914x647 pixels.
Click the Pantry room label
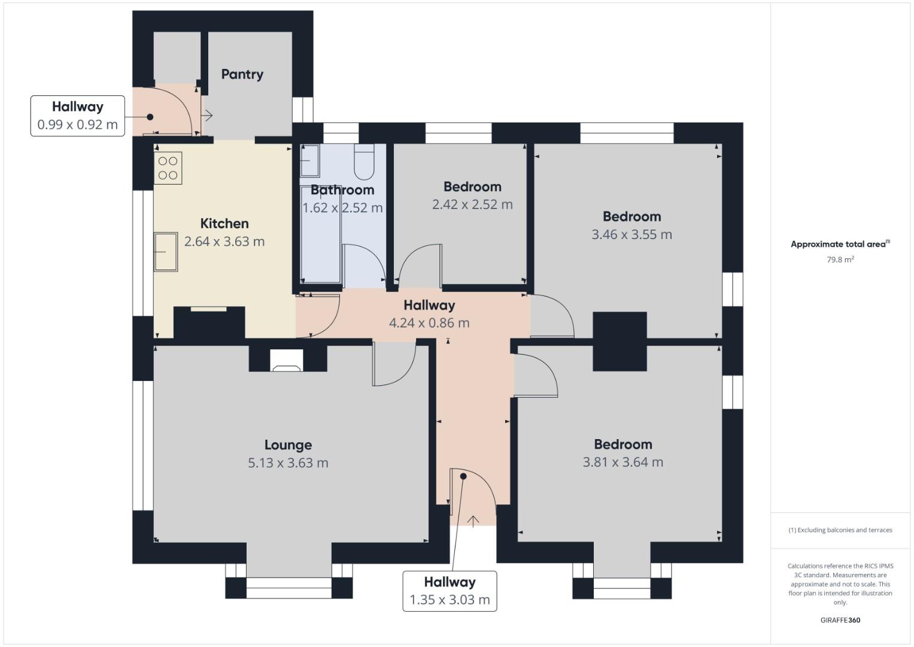click(x=242, y=74)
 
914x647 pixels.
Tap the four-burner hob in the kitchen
click(x=168, y=168)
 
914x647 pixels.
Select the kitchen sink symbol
click(x=166, y=252)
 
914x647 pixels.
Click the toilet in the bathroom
click(x=364, y=161)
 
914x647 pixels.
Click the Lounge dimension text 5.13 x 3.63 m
click(x=288, y=463)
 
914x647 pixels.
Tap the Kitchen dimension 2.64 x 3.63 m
click(x=224, y=241)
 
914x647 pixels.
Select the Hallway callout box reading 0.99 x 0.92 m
click(x=78, y=116)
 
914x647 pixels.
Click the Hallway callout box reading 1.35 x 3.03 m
click(x=450, y=591)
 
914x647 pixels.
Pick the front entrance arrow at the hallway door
click(x=473, y=521)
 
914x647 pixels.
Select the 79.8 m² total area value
click(x=840, y=260)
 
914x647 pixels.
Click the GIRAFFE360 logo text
click(x=840, y=620)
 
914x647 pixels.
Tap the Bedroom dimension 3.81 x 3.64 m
click(x=623, y=462)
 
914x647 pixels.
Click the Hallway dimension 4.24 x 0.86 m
click(x=429, y=323)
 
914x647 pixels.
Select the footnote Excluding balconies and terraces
click(x=840, y=530)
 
